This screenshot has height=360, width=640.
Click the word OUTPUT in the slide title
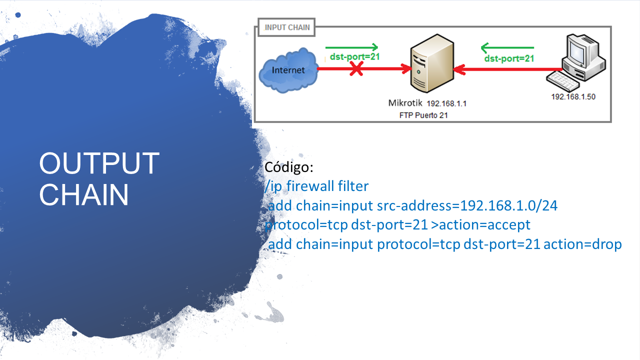click(x=99, y=163)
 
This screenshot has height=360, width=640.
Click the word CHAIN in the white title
click(x=84, y=194)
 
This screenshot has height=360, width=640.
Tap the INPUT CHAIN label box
click(x=287, y=27)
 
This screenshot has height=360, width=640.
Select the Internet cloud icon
click(x=288, y=70)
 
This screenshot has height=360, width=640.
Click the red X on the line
click(x=356, y=69)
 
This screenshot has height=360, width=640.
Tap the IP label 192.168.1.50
click(x=573, y=97)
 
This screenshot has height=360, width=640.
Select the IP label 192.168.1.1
click(x=446, y=104)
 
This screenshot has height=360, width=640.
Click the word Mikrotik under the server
click(x=405, y=103)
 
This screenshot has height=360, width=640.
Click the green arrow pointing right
click(x=351, y=47)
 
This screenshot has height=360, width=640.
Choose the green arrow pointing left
click(x=507, y=48)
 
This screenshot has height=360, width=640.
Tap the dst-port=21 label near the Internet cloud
click(x=354, y=56)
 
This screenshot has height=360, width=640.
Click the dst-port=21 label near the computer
click(x=509, y=58)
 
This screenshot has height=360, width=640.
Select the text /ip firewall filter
click(x=316, y=186)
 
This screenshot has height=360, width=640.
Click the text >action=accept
click(x=480, y=225)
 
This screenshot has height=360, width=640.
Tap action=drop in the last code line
click(x=582, y=244)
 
